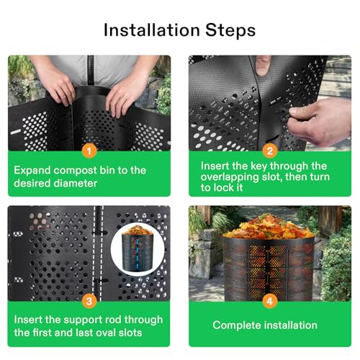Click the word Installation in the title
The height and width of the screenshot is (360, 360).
[152, 30]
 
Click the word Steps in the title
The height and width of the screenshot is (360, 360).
[230, 31]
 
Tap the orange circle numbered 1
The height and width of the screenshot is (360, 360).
[89, 151]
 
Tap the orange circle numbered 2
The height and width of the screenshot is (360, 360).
[270, 151]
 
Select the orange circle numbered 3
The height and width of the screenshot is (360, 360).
[89, 301]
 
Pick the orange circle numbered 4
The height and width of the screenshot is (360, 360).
[270, 301]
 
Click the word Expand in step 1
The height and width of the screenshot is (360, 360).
[32, 171]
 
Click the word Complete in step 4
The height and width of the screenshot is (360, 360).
[237, 325]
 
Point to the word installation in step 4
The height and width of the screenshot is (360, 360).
[291, 325]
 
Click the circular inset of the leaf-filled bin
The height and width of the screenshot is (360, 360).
[138, 249]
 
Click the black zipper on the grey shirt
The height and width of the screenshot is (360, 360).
[90, 70]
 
